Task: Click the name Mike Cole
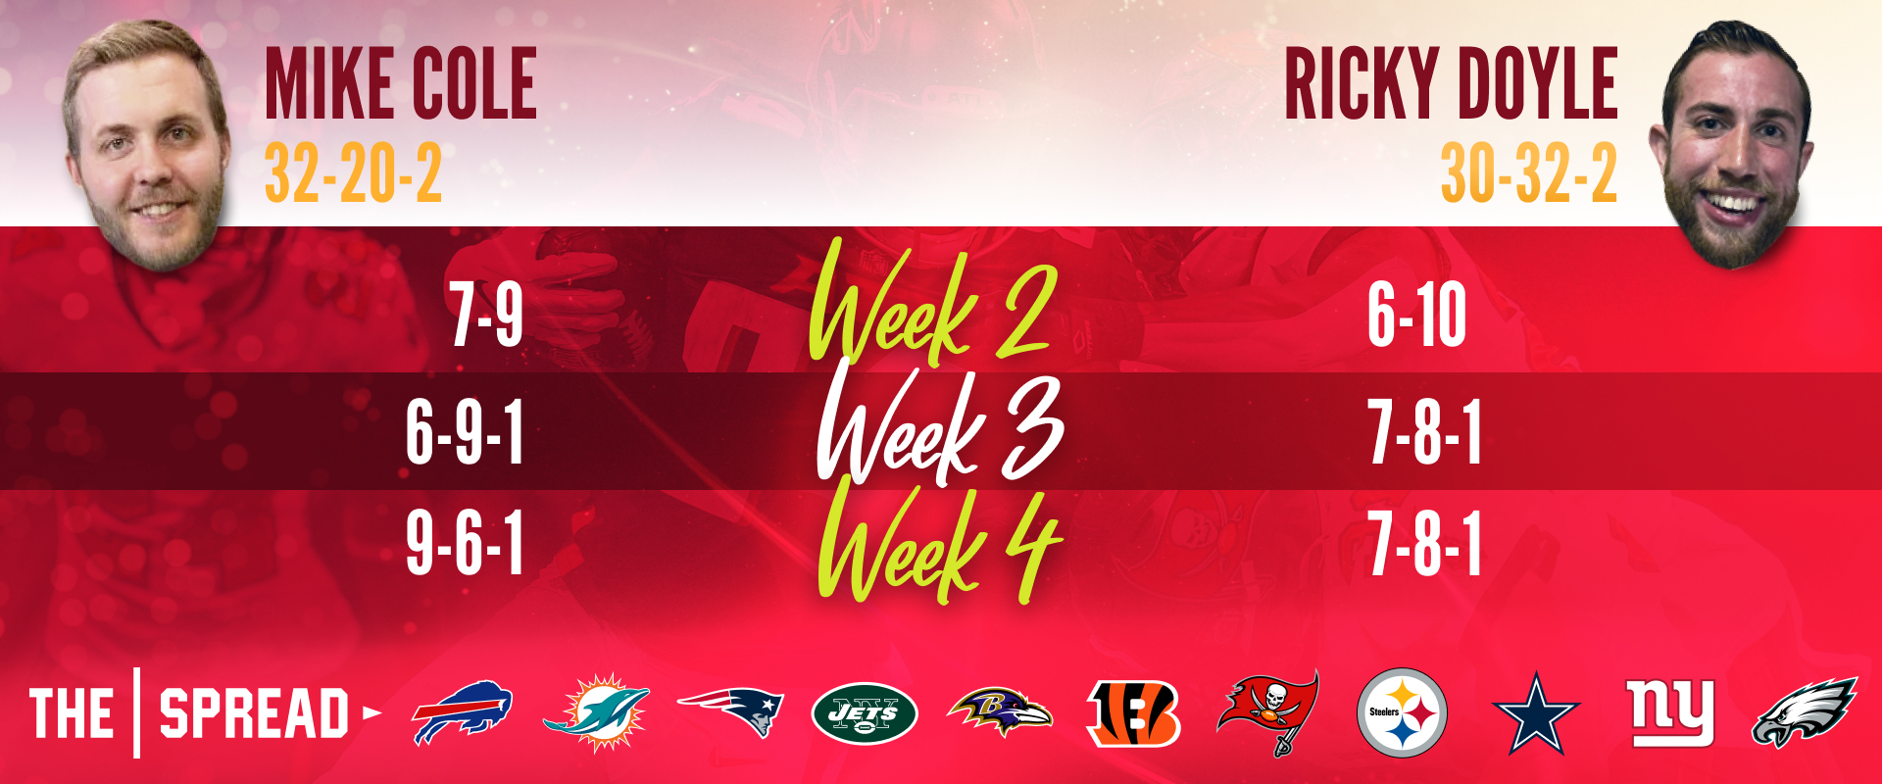(401, 84)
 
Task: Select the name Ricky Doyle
(1451, 84)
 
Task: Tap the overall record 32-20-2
(354, 173)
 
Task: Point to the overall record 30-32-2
(1529, 173)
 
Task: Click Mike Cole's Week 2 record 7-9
(486, 315)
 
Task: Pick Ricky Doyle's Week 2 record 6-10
(1417, 315)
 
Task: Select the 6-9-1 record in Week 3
(465, 432)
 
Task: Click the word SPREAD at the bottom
(254, 713)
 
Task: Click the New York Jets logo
(864, 713)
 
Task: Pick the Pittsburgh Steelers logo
(1402, 712)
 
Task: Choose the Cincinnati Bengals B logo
(1134, 713)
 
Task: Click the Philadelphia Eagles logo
(1805, 712)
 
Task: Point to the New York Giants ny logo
(1670, 711)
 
